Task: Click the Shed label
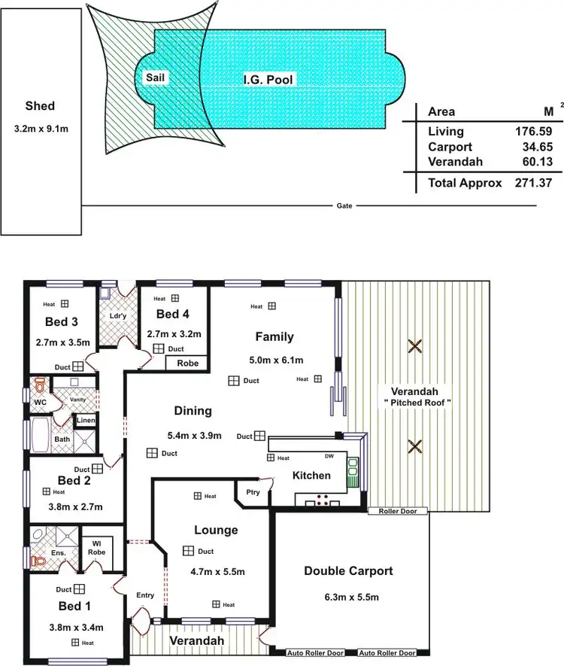tap(40, 106)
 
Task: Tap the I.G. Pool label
tap(268, 79)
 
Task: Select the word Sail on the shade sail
tap(156, 77)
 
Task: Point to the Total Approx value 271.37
tap(529, 183)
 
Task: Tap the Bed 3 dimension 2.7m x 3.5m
tap(62, 342)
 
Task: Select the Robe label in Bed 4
tap(186, 363)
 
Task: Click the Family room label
tap(274, 336)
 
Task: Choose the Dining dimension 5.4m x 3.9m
tap(193, 435)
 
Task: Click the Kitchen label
tap(311, 476)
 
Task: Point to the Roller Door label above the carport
tap(398, 511)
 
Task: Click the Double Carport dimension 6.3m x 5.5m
tap(348, 598)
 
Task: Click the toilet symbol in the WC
tap(40, 388)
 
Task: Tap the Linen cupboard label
tap(86, 421)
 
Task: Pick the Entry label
tap(145, 595)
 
